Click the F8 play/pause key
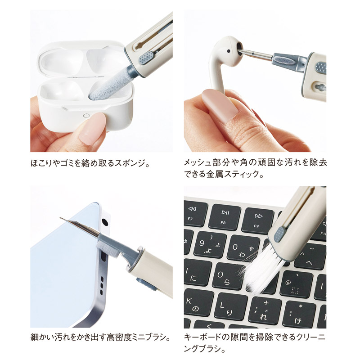point(224,217)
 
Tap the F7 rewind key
point(194,213)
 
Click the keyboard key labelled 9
point(210,245)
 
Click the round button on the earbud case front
point(86,115)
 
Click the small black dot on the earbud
point(229,51)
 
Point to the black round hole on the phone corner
point(105,222)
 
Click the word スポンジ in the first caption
point(129,163)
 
